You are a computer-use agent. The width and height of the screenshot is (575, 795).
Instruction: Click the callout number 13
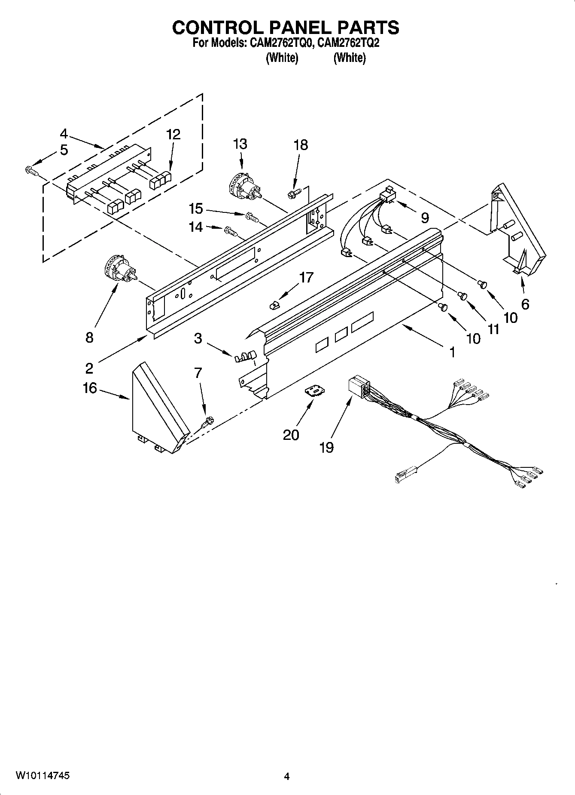(x=240, y=144)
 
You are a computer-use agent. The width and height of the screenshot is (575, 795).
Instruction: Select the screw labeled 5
(x=31, y=171)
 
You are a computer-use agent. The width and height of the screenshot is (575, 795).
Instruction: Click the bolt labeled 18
(x=294, y=194)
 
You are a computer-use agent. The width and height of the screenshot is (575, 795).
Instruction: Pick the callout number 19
(x=326, y=448)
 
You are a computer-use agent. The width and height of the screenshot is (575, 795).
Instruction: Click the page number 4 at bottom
(x=287, y=776)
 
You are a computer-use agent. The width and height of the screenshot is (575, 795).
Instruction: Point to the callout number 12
(x=173, y=135)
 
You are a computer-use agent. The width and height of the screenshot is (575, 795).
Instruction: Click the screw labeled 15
(x=252, y=217)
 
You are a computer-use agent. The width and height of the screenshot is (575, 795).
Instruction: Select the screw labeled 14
(x=231, y=231)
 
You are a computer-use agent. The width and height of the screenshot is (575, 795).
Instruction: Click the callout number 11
(x=494, y=329)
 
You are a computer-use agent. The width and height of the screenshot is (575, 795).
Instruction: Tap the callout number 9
(x=425, y=218)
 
